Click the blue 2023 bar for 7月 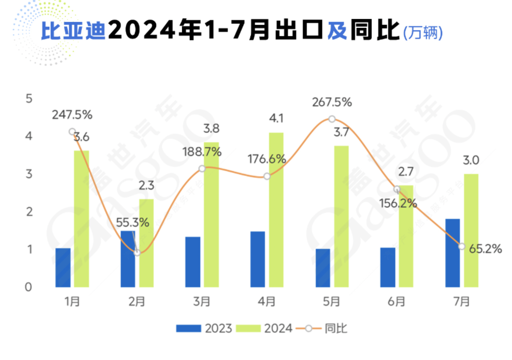(x=452, y=253)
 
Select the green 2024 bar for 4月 (x=276, y=210)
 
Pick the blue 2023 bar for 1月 (x=63, y=268)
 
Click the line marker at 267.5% (x=332, y=119)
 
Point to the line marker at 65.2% (x=462, y=246)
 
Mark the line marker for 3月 (x=202, y=169)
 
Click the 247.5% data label (x=72, y=115)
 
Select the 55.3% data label (x=132, y=222)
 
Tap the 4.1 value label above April (x=276, y=118)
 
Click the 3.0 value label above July (x=471, y=160)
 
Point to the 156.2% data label (x=398, y=203)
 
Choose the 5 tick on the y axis (x=29, y=99)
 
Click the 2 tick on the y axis (x=29, y=212)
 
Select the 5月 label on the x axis (x=331, y=301)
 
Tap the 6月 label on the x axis (x=397, y=301)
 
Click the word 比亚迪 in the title (x=73, y=30)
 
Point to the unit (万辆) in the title (x=423, y=33)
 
